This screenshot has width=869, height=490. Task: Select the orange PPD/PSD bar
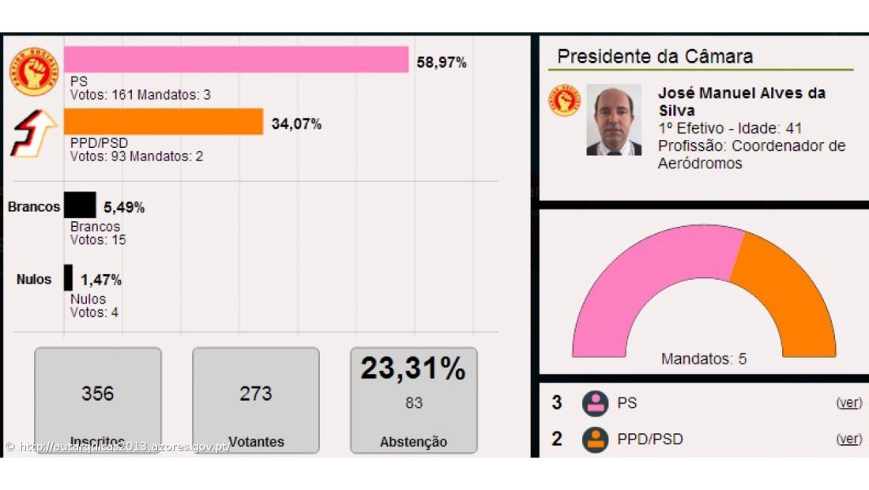pyautogui.click(x=163, y=122)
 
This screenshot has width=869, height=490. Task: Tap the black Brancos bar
pyautogui.click(x=80, y=205)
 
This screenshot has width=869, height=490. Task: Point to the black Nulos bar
pyautogui.click(x=69, y=277)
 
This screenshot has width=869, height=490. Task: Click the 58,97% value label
pyautogui.click(x=442, y=62)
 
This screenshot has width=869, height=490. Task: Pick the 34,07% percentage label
pyautogui.click(x=296, y=124)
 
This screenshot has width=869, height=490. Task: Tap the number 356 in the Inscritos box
pyautogui.click(x=98, y=393)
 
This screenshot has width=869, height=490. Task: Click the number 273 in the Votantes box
pyautogui.click(x=256, y=393)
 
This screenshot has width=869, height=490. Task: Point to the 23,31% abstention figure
pyautogui.click(x=413, y=368)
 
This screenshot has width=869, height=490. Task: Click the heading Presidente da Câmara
pyautogui.click(x=655, y=57)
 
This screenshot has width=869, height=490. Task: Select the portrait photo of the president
pyautogui.click(x=614, y=120)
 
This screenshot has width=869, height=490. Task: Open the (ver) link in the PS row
pyautogui.click(x=848, y=403)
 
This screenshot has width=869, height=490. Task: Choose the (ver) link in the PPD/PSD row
pyautogui.click(x=848, y=439)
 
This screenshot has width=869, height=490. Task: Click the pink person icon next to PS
pyautogui.click(x=595, y=403)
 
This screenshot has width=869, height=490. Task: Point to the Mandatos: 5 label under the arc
pyautogui.click(x=704, y=359)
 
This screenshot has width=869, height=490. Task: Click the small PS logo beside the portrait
pyautogui.click(x=565, y=100)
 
